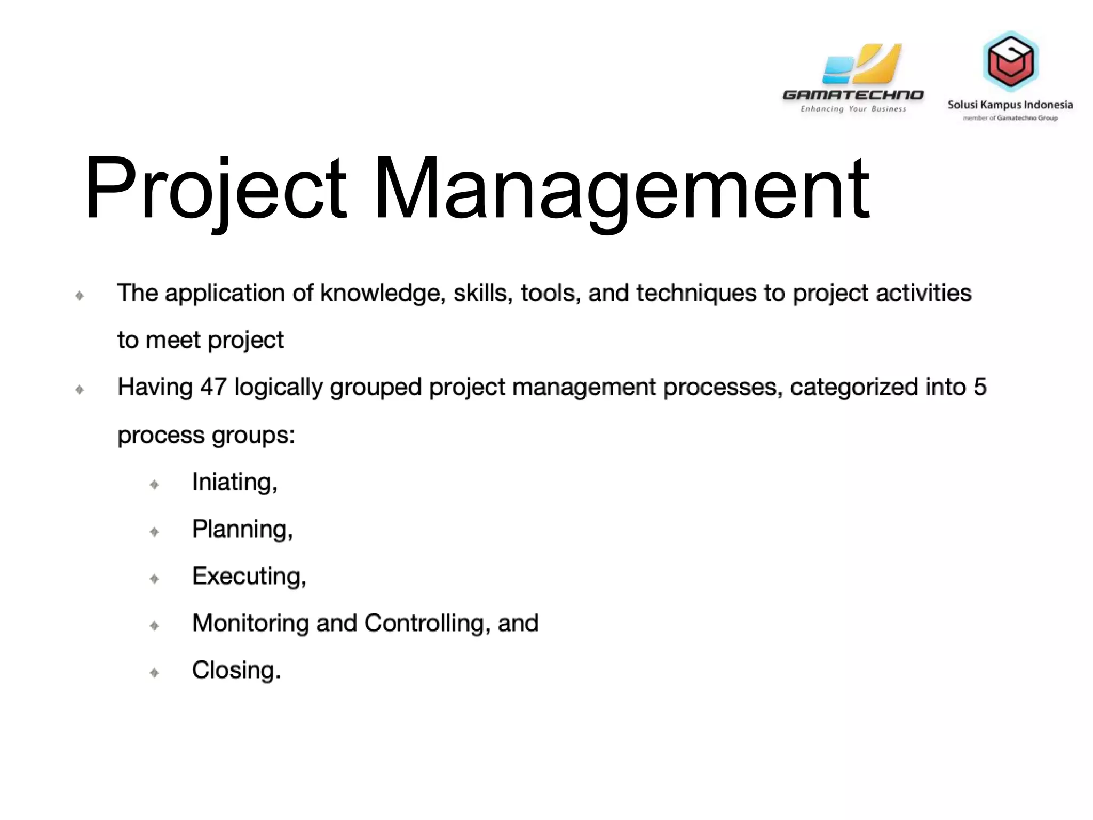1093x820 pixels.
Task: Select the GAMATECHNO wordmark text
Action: [x=852, y=96]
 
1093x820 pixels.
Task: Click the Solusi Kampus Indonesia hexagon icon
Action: [x=1010, y=60]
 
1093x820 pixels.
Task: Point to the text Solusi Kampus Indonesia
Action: [x=1010, y=105]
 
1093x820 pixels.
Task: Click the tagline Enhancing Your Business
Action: [x=853, y=109]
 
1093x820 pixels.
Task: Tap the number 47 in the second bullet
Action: [x=213, y=387]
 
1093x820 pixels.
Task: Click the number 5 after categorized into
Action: [x=980, y=387]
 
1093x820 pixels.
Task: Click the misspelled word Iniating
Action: [x=234, y=482]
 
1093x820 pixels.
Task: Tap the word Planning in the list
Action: [x=242, y=529]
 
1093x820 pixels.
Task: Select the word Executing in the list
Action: [x=249, y=576]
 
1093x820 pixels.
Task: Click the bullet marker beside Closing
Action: [x=154, y=672]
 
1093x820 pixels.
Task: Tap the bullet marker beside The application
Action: [x=80, y=295]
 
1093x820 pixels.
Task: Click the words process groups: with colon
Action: [x=206, y=435]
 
